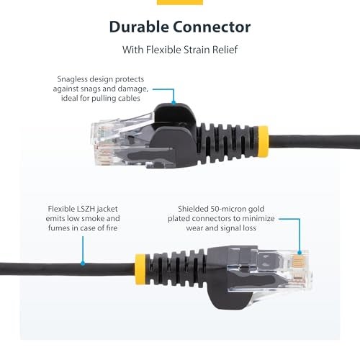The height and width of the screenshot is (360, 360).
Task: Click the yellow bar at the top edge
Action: (x=179, y=2)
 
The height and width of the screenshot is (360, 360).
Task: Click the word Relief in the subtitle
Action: (x=235, y=51)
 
